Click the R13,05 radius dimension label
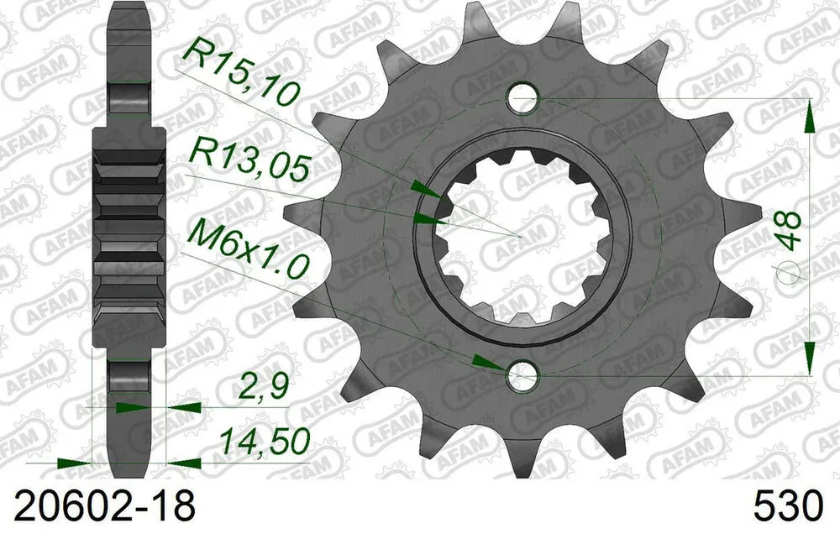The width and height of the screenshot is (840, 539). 250,157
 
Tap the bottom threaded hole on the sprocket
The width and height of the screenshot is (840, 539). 522,375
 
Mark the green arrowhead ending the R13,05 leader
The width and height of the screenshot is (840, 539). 429,219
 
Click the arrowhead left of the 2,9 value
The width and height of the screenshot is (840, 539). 129,407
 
